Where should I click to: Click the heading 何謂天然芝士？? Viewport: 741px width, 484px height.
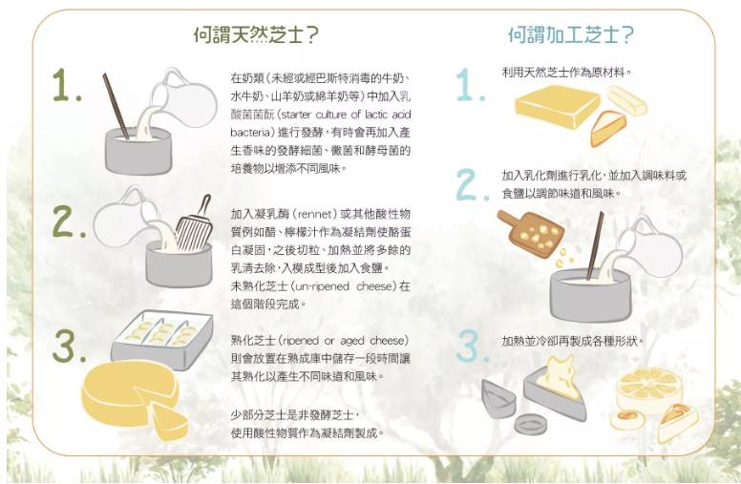pyautogui.click(x=256, y=34)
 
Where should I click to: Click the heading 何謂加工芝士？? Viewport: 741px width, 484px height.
pyautogui.click(x=571, y=34)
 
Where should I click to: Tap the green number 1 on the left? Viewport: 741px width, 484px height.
pyautogui.click(x=67, y=86)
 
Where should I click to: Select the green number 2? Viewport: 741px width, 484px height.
pyautogui.click(x=69, y=221)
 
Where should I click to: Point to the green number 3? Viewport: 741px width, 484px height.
pyautogui.click(x=70, y=346)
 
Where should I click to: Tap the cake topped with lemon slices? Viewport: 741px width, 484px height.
pyautogui.click(x=649, y=389)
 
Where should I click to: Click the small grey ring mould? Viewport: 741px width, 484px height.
pyautogui.click(x=531, y=424)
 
